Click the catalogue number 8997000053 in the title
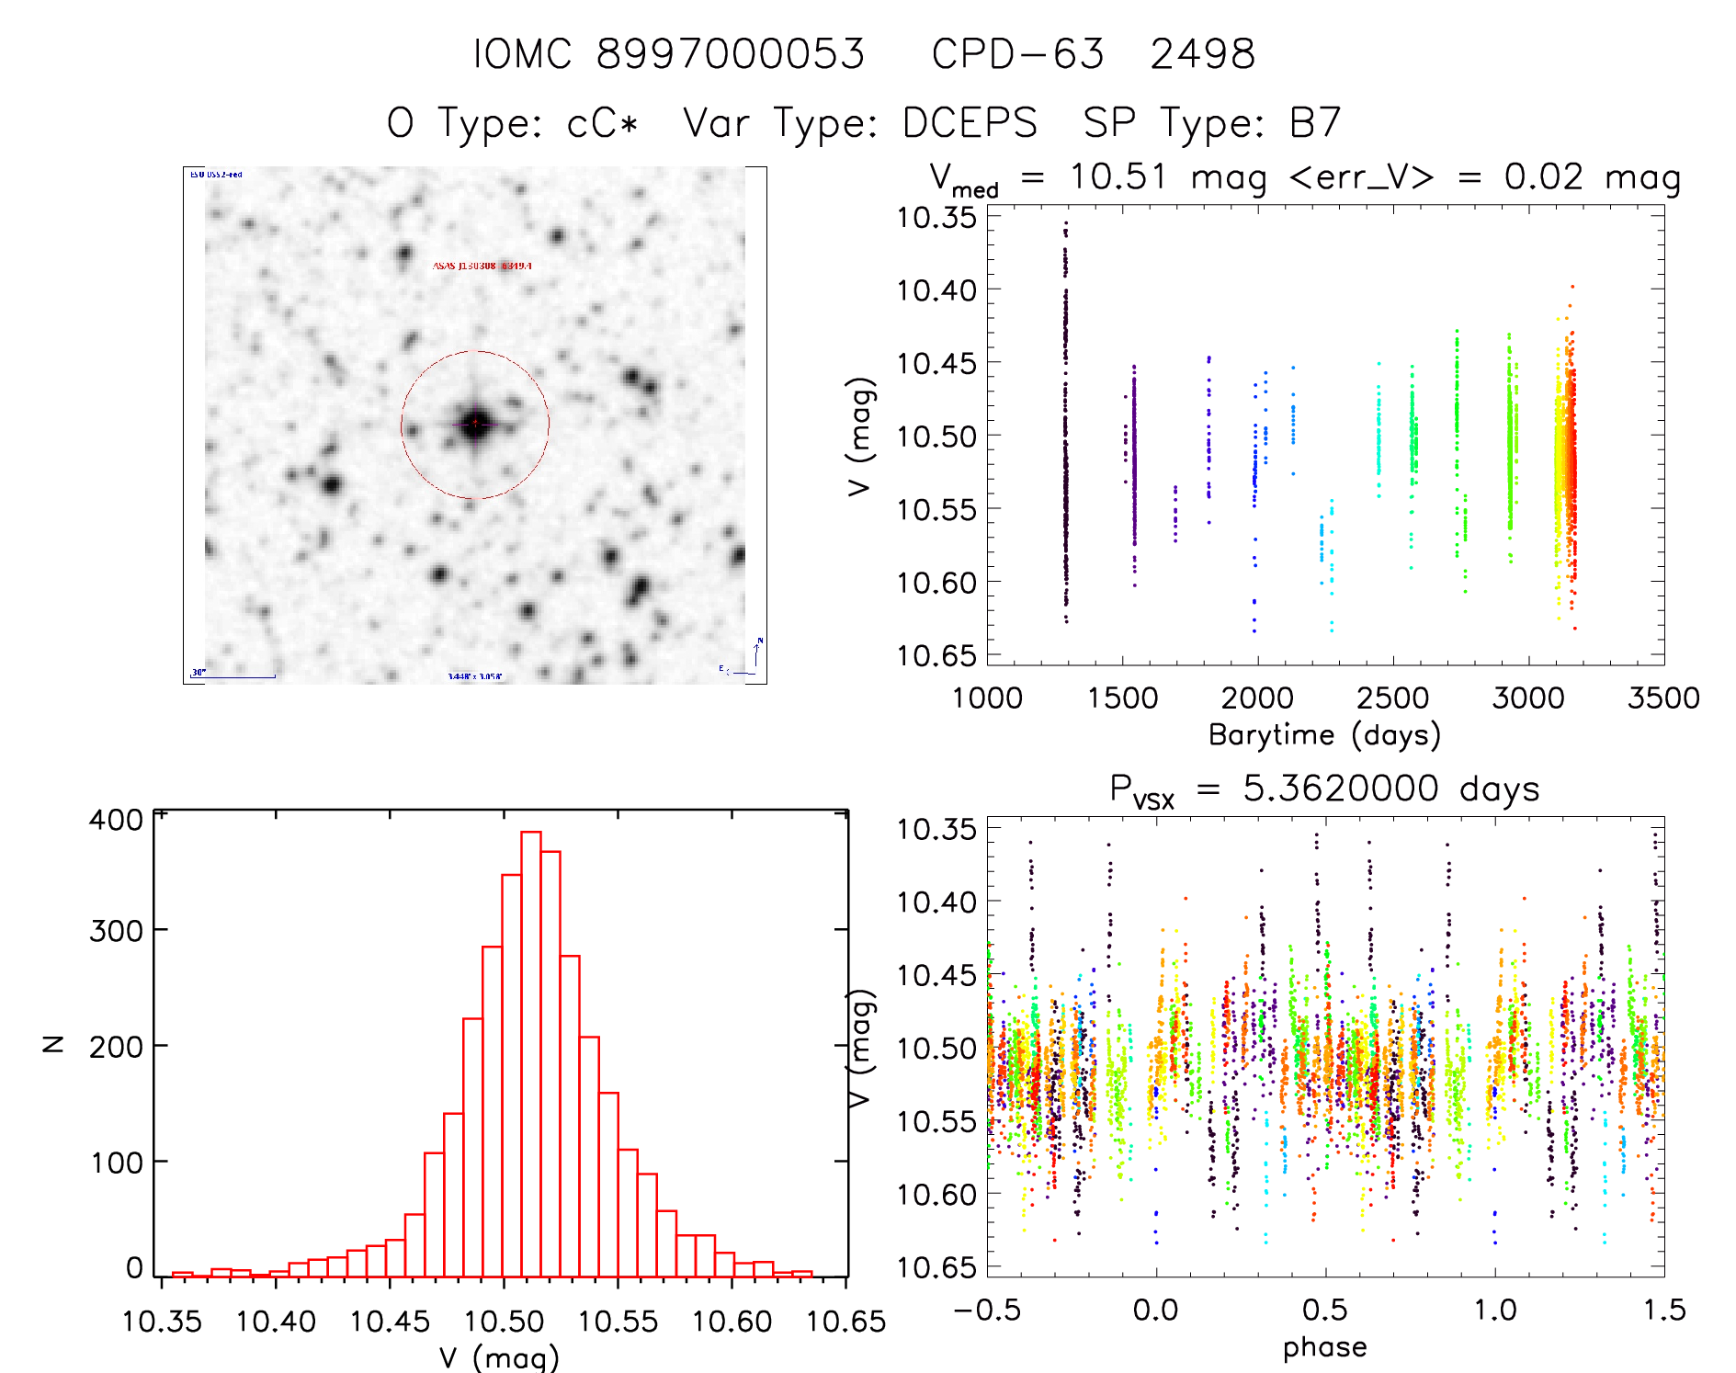(x=731, y=54)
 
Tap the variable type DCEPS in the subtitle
(x=970, y=123)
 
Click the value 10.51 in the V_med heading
(x=1118, y=176)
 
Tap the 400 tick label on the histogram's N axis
(x=117, y=819)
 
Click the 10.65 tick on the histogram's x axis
(x=845, y=1322)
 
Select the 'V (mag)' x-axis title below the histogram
(x=499, y=1356)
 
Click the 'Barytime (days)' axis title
(x=1324, y=735)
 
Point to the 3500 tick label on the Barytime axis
(x=1662, y=698)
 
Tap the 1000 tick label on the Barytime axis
(x=987, y=698)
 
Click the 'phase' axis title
(x=1324, y=1347)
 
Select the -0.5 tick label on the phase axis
(x=987, y=1310)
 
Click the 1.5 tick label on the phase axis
(x=1664, y=1310)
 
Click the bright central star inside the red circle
(x=474, y=424)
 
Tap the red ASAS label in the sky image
(x=482, y=266)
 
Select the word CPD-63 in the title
(x=1017, y=54)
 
